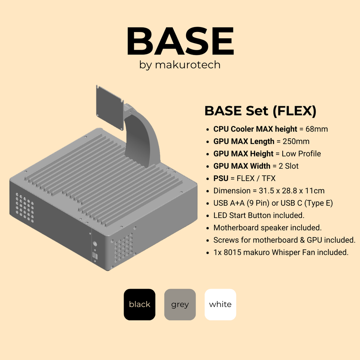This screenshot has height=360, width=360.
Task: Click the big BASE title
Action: point(180,41)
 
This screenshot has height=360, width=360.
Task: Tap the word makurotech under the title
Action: point(188,65)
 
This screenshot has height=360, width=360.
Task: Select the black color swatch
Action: point(140,304)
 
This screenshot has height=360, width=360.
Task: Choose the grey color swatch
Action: point(180,304)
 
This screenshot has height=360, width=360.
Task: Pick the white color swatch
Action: point(220,304)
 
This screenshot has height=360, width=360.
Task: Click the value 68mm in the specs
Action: point(317,129)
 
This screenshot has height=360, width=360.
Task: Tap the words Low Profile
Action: point(301,154)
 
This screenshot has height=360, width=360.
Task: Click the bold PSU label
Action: point(221,178)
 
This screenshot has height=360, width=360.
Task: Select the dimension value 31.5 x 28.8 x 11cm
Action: point(292,191)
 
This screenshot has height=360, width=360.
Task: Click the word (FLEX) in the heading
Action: point(295,111)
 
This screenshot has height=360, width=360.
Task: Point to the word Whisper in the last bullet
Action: point(286,252)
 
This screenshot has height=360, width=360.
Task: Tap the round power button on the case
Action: point(95,244)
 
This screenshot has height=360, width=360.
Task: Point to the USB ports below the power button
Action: point(95,256)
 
